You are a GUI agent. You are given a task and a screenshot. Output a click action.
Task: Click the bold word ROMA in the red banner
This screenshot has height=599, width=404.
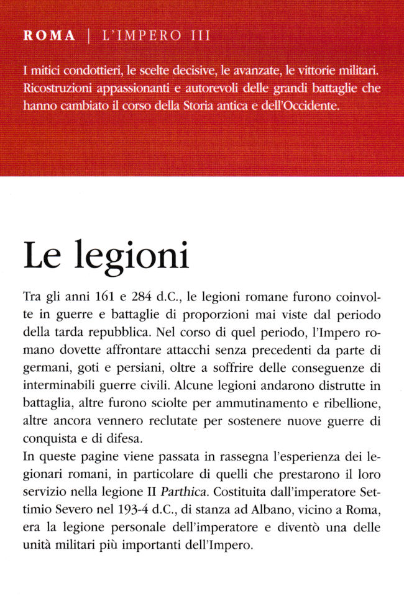click(48, 36)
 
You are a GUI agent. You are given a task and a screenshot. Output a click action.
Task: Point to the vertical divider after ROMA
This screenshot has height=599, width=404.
click(88, 36)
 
